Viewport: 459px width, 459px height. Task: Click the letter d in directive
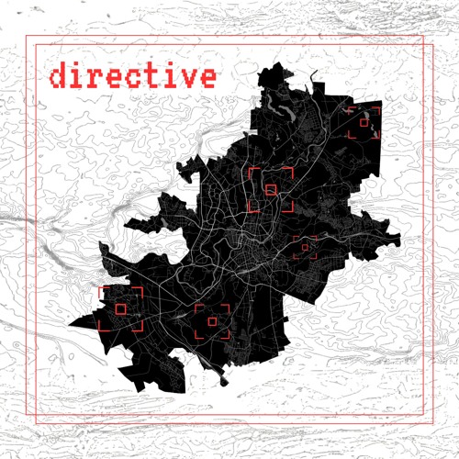tap(60, 75)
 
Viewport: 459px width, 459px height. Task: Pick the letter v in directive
tap(188, 77)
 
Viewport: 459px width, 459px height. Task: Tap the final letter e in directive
tap(208, 77)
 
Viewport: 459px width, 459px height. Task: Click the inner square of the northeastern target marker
tap(364, 121)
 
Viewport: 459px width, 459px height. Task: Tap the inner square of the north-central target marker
tap(270, 190)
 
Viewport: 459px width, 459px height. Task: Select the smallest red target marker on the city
tap(305, 247)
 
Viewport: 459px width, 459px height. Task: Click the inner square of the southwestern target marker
tap(121, 308)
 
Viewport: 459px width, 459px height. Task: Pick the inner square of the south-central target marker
tap(212, 322)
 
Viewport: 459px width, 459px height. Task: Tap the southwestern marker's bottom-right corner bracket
tap(140, 328)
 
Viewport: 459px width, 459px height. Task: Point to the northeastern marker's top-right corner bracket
tap(377, 108)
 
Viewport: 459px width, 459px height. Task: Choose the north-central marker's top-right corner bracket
tap(290, 171)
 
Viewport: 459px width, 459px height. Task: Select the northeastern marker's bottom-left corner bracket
tap(350, 135)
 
